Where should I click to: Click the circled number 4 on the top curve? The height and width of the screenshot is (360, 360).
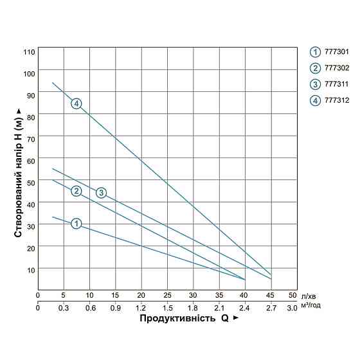tap(76, 104)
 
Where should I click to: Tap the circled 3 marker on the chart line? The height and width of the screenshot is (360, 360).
tap(101, 193)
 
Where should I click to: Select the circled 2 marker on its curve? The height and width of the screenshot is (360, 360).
tap(76, 191)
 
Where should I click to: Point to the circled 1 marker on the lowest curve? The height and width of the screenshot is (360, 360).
tap(76, 224)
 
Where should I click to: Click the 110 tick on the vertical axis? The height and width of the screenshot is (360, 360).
tap(28, 51)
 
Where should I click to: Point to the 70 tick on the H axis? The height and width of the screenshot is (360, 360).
tap(30, 137)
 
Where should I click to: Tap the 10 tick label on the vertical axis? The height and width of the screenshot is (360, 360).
tap(30, 269)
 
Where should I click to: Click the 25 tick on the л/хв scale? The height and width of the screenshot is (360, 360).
tap(167, 296)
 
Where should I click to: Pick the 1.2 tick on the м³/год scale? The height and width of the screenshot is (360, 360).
tap(141, 308)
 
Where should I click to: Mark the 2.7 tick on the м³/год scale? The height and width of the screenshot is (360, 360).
tap(271, 308)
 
